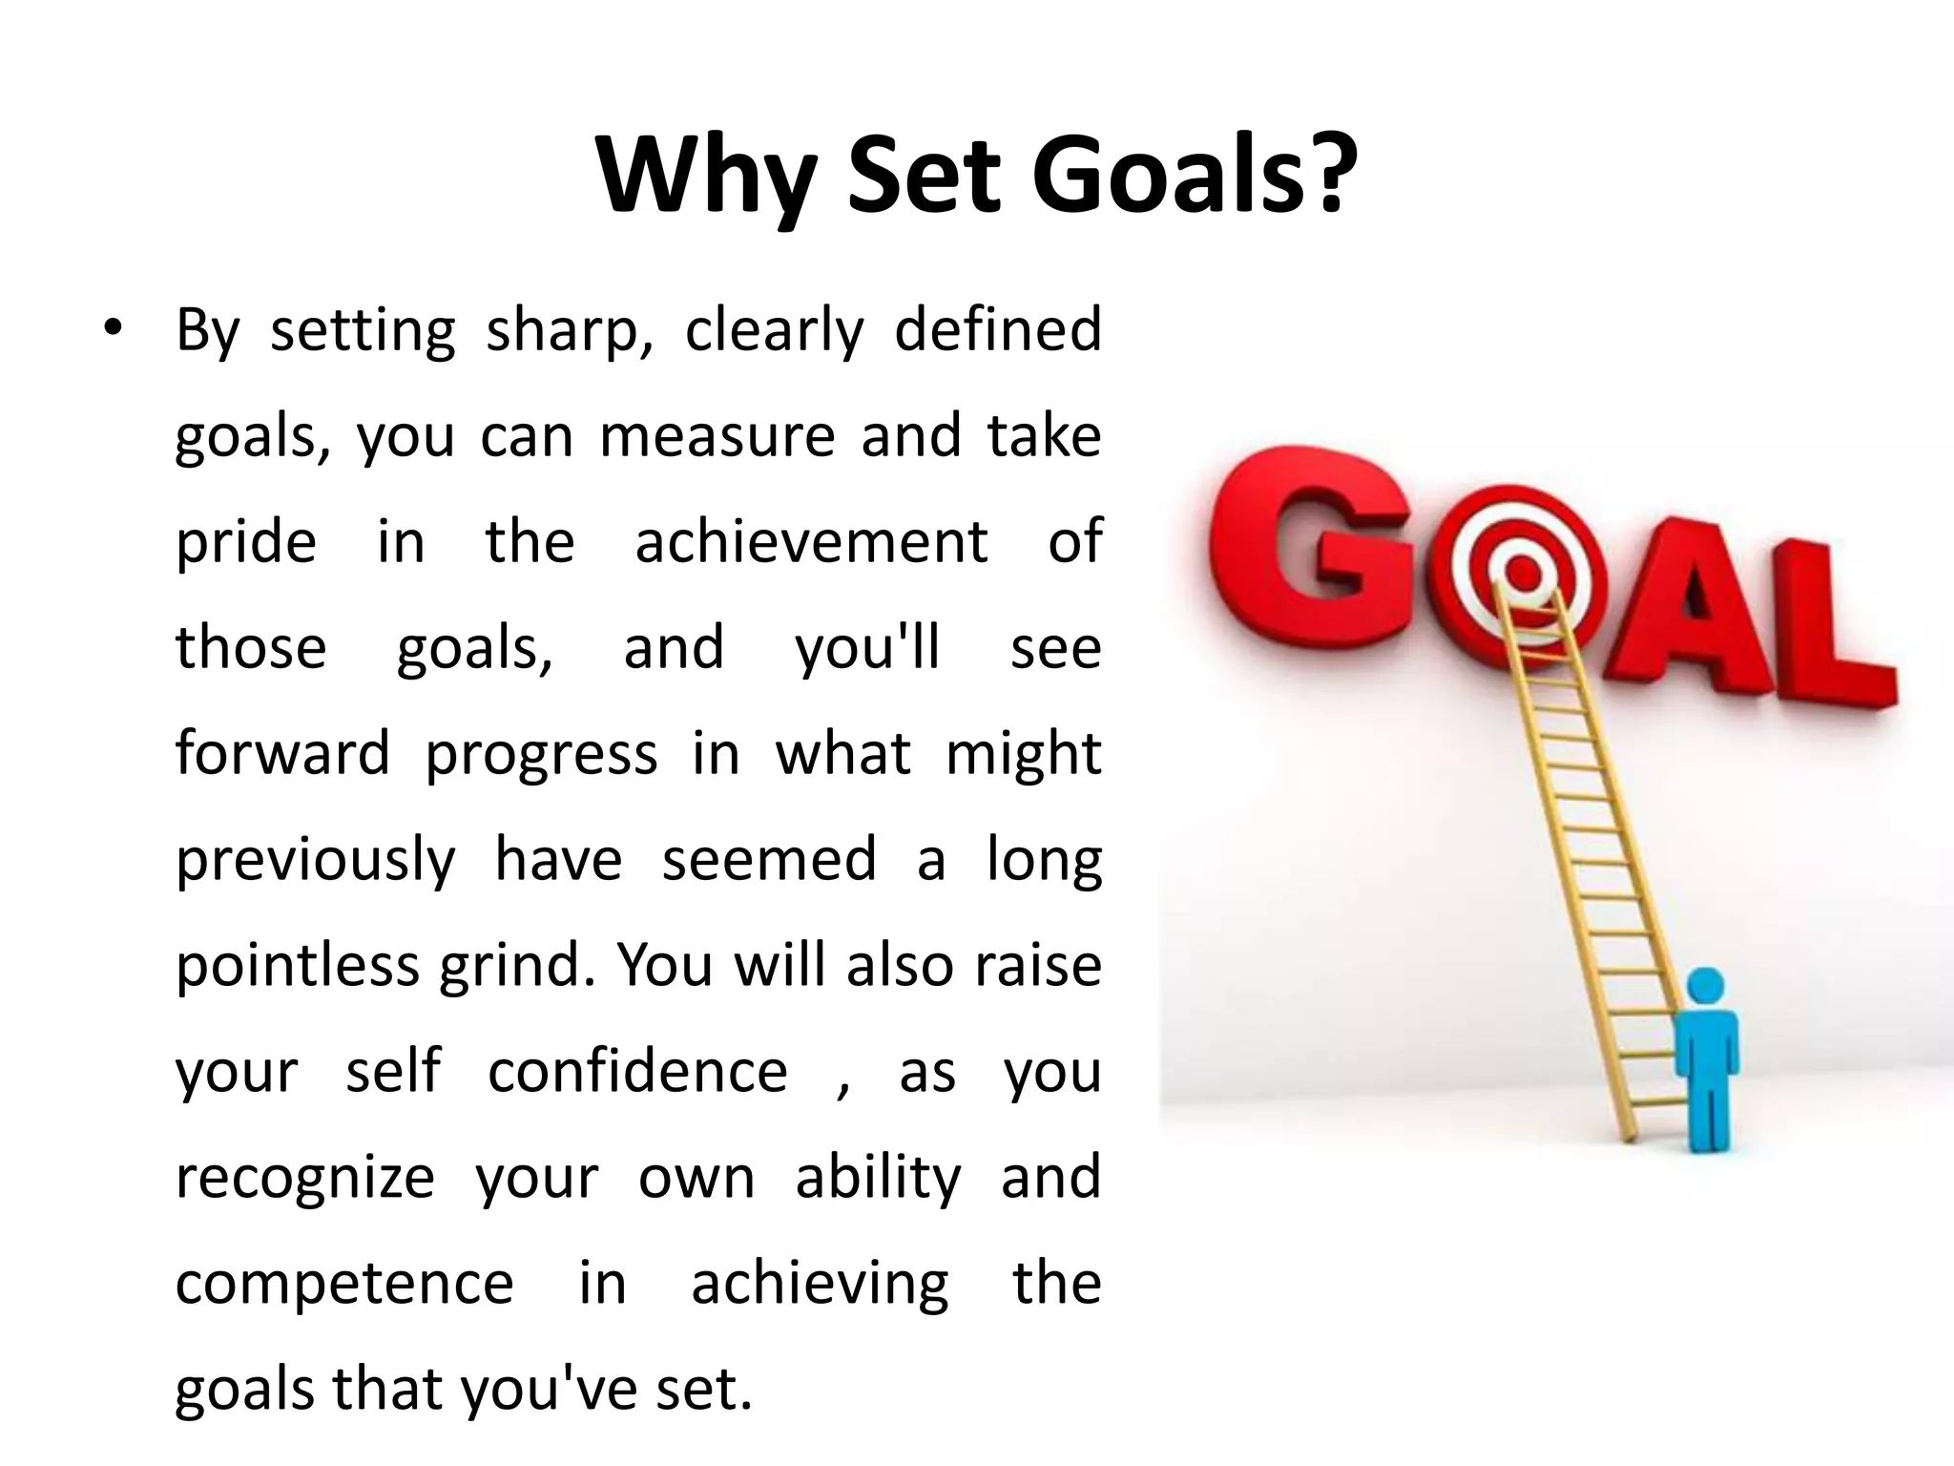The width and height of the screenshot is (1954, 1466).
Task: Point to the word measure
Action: click(x=717, y=436)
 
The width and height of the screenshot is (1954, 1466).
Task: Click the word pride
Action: click(x=246, y=542)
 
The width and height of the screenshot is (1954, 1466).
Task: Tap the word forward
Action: click(x=282, y=753)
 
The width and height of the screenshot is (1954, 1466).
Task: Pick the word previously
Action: click(x=316, y=860)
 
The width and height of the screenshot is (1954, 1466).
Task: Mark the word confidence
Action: click(x=637, y=1071)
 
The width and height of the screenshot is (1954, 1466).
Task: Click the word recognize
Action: click(x=305, y=1177)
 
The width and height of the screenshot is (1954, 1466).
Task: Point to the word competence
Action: click(x=344, y=1283)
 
